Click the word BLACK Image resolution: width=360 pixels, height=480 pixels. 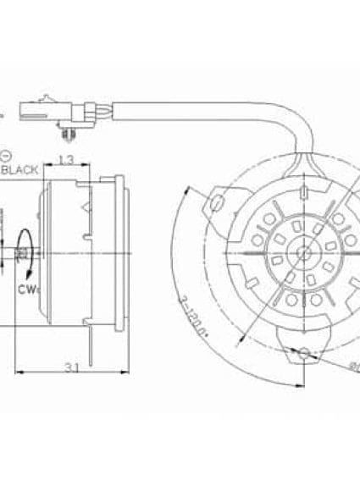20,170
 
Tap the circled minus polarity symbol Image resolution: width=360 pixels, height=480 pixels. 6,156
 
